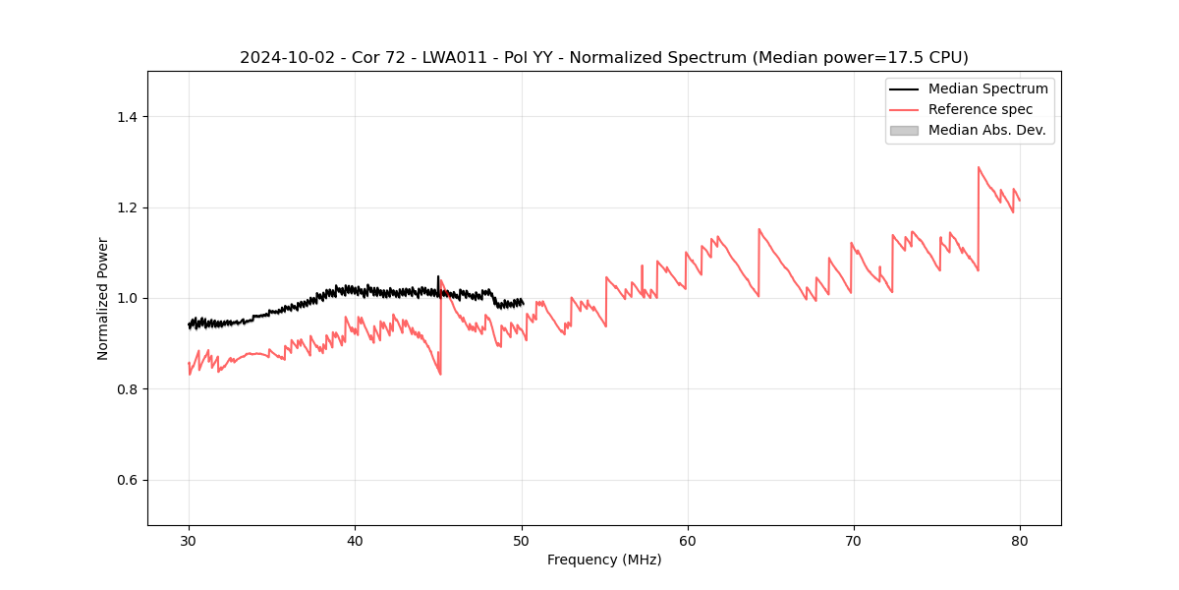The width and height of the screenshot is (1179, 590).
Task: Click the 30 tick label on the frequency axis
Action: (x=189, y=541)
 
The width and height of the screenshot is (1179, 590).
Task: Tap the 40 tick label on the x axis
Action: (x=355, y=541)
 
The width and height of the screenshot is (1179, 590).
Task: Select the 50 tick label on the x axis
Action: (x=522, y=541)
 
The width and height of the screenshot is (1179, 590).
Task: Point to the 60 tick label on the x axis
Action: (x=688, y=541)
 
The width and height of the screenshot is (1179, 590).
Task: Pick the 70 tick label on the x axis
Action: (x=854, y=541)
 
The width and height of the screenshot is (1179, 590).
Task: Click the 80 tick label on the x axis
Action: (x=1020, y=541)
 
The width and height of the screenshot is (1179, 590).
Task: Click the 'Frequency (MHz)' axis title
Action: (x=604, y=560)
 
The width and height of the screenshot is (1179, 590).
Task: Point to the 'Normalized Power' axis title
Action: (x=103, y=298)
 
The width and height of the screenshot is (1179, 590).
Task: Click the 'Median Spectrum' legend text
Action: (x=987, y=88)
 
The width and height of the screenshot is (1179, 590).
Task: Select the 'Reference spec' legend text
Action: (x=980, y=109)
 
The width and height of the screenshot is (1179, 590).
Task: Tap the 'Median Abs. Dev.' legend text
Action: (x=986, y=130)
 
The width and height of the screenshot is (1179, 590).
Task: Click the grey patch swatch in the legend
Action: (x=904, y=130)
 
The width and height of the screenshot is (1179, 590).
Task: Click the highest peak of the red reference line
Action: (x=979, y=167)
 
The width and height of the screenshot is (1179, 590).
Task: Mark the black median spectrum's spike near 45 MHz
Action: (x=438, y=276)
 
